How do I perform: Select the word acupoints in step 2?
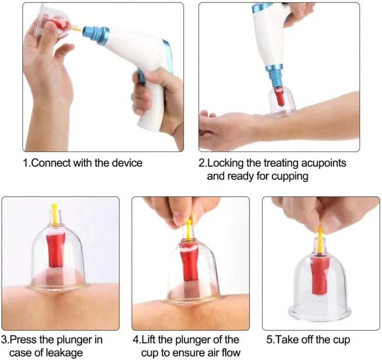324,163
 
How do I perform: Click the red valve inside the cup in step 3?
56,248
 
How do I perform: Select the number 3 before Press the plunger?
4,340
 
